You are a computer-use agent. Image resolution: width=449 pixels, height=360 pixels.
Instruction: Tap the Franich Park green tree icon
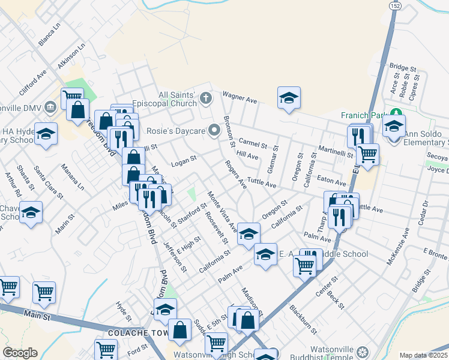(396, 113)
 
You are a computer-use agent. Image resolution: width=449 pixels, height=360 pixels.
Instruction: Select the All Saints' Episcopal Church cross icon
(205, 98)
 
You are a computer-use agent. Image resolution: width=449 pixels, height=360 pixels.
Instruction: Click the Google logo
(20, 353)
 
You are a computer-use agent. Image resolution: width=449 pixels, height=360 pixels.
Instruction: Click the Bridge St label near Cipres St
(402, 67)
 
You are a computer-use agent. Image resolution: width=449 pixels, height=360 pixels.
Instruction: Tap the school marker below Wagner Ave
(289, 98)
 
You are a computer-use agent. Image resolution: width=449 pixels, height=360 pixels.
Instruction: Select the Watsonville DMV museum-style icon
(50, 107)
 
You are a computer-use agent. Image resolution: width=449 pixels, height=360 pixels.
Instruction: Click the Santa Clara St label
(48, 182)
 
